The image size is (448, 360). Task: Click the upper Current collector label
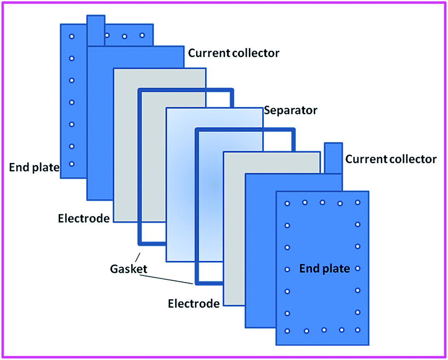(x=234, y=53)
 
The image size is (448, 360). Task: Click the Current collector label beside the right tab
(x=391, y=159)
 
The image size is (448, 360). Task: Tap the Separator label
(x=290, y=110)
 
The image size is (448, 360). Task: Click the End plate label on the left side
(x=34, y=168)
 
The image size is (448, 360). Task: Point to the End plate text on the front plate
(x=324, y=268)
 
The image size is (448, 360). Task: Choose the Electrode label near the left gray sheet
(x=84, y=217)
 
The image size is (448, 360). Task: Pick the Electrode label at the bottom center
(x=193, y=303)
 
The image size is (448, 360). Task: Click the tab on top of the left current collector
(x=96, y=30)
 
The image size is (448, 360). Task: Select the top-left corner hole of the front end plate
(x=287, y=203)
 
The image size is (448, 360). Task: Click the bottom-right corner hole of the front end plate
(x=357, y=330)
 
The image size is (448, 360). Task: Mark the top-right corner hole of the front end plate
(x=357, y=203)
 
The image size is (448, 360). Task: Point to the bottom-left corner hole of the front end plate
(x=287, y=331)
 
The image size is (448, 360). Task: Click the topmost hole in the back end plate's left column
(x=71, y=36)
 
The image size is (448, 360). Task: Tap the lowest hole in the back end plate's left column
(x=71, y=163)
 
